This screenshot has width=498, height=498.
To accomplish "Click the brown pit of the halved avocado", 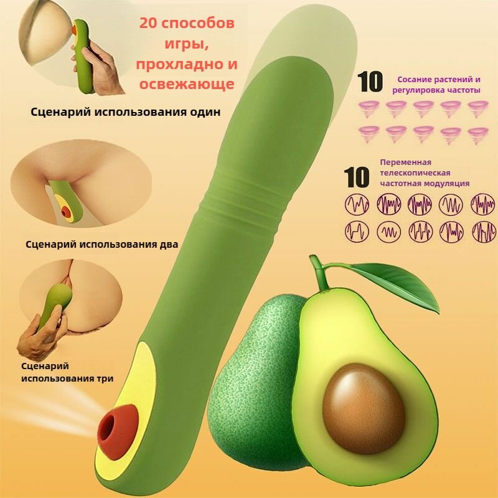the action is click(364, 409).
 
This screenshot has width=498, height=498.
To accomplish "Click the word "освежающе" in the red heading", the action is click(187, 84).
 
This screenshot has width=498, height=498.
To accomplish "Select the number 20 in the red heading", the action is click(150, 23).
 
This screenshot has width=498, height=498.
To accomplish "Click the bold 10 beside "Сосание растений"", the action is click(370, 82).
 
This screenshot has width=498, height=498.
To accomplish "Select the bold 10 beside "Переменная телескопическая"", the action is click(357, 177).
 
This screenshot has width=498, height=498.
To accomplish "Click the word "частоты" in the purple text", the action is click(464, 90).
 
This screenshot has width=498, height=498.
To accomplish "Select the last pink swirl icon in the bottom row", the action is click(478, 135).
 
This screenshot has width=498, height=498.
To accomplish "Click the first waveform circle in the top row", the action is click(357, 204).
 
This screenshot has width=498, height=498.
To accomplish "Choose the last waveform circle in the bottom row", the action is click(484, 232).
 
